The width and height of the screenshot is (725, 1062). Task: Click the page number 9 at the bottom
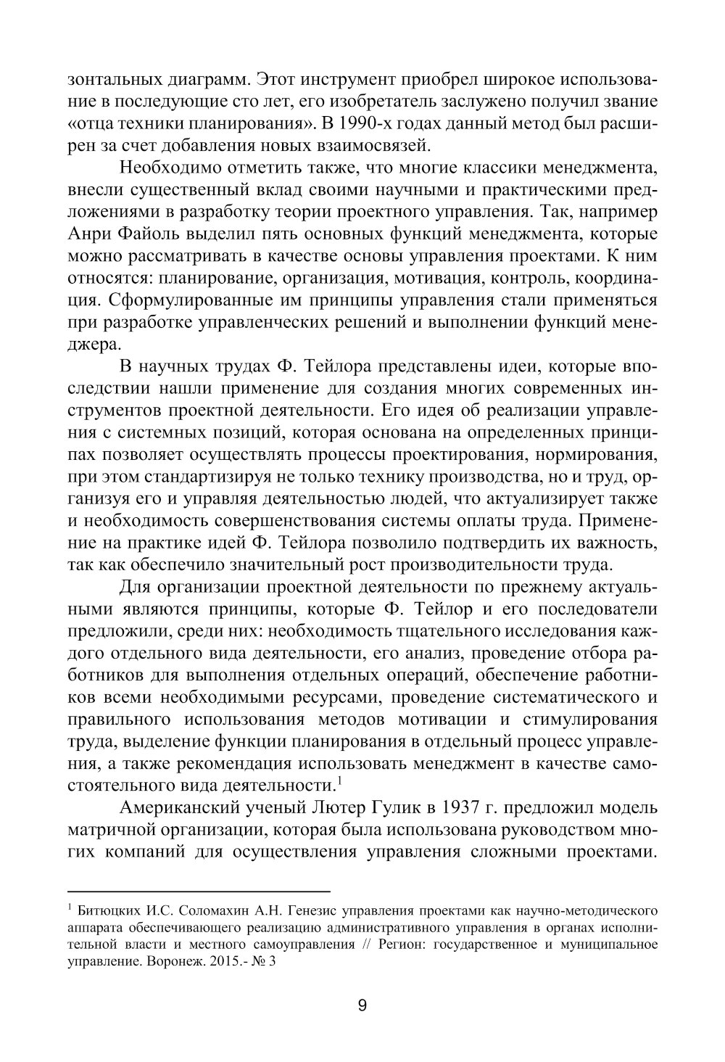[362, 1005]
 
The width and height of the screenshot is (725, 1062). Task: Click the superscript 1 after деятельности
[339, 781]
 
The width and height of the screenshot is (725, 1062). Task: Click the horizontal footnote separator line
[199, 890]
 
